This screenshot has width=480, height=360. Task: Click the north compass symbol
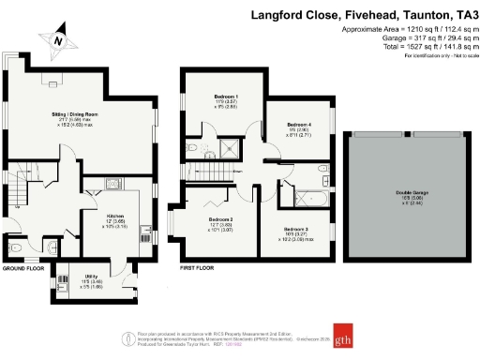[58, 42]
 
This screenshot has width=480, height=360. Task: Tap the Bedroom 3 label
[297, 228]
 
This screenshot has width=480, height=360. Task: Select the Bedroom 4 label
[299, 125]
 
